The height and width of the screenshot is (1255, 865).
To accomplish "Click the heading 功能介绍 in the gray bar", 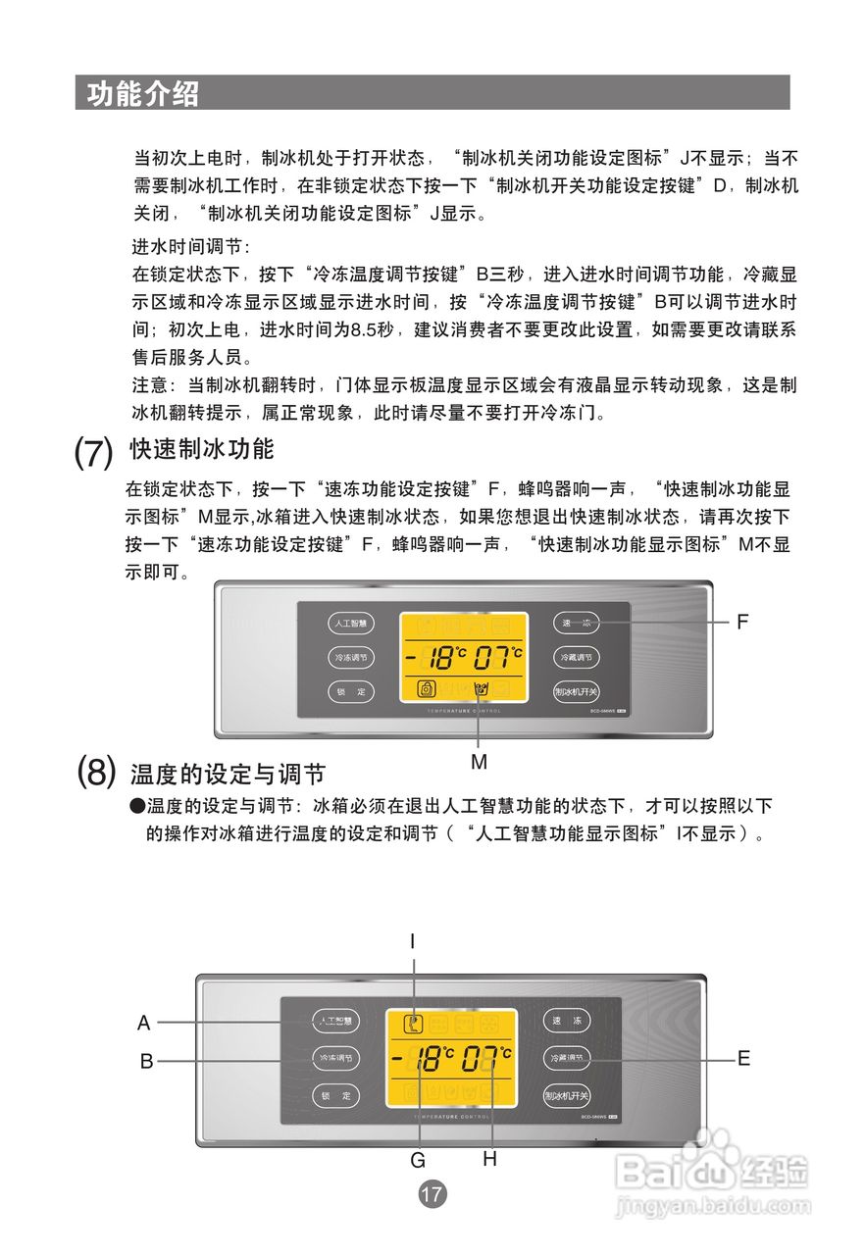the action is tap(143, 93).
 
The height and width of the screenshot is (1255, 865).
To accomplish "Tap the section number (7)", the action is tap(95, 453).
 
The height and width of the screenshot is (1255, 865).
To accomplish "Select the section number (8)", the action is tap(97, 773).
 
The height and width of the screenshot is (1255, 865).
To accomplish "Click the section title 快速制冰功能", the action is tap(202, 450).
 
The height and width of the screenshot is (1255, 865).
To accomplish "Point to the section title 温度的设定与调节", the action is tap(228, 775).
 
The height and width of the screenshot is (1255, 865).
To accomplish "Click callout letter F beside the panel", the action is tap(742, 622).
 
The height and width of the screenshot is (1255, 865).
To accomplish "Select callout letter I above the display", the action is tap(413, 941).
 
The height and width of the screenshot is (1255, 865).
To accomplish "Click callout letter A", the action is tap(144, 1023).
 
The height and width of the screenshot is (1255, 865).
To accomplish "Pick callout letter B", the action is tap(146, 1061).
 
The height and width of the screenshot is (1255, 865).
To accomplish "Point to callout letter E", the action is tap(743, 1059).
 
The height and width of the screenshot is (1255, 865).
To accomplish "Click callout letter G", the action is tap(418, 1160).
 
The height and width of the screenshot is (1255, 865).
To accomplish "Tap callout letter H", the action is tap(489, 1159).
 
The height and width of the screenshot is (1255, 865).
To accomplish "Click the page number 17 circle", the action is tap(432, 1194).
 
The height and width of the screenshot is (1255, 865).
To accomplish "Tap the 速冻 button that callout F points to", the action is tap(576, 623).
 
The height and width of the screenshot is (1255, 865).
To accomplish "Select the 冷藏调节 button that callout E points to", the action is tap(567, 1058).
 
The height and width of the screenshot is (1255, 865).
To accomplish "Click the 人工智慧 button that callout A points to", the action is tap(335, 1022).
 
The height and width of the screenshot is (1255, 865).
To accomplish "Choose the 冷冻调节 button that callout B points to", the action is tap(335, 1059).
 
